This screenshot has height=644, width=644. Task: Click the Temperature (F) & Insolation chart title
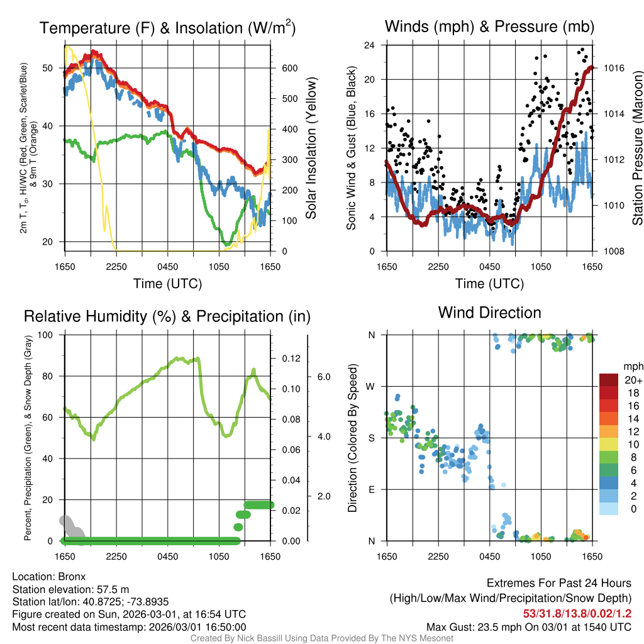167,28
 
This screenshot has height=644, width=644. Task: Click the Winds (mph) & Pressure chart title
489,26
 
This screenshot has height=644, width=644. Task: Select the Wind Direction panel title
489,313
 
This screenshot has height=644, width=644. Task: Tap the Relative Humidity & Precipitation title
167,316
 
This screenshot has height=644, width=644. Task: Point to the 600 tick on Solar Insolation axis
289,69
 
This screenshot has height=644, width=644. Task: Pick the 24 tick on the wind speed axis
370,45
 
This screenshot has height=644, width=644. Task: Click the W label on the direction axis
371,386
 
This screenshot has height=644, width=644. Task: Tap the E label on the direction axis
371,489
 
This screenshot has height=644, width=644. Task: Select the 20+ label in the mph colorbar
633,380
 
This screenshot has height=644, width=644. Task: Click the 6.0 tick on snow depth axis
323,377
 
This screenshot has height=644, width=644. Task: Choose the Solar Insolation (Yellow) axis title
311,148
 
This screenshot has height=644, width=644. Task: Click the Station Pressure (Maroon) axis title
637,148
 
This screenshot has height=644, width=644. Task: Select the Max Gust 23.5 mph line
528,626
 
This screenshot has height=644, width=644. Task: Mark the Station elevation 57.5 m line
70,589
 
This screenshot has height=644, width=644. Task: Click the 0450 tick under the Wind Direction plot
489,557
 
